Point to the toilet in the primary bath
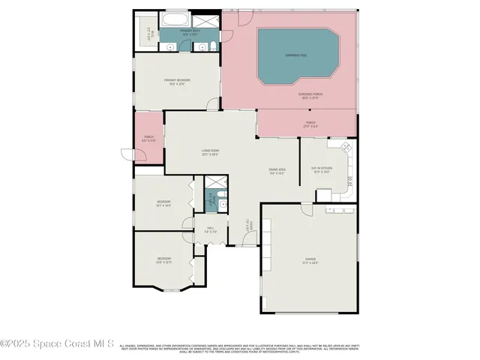click(214, 47)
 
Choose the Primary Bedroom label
click(177, 81)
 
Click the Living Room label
click(210, 152)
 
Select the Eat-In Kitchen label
click(321, 169)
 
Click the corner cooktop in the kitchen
click(346, 146)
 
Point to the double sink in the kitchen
click(351, 180)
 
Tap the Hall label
click(211, 229)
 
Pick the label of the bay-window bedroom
click(163, 260)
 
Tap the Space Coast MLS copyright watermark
click(57, 344)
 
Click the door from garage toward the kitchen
click(307, 209)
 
